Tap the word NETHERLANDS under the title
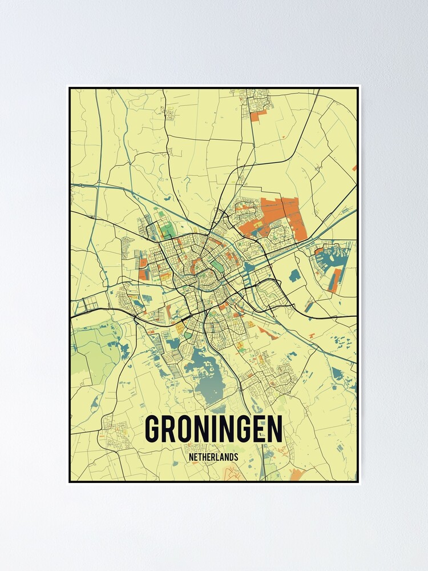213,457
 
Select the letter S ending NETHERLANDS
236,457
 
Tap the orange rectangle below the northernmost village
259,115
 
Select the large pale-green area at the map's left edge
94,348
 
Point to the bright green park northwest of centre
165,232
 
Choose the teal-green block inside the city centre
217,266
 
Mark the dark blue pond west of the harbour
294,275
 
